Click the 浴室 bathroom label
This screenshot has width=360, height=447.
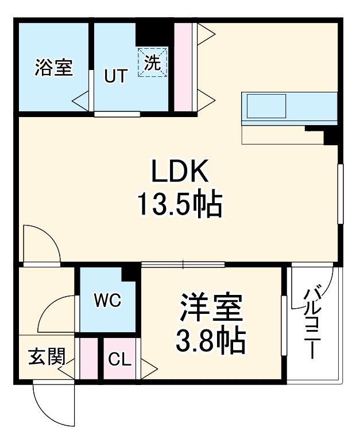click(53, 68)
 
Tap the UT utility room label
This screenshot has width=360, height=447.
click(115, 76)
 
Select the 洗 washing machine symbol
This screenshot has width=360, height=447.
click(153, 62)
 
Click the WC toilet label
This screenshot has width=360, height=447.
click(107, 301)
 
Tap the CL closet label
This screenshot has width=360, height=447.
click(120, 360)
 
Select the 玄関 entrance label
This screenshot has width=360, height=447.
click(46, 357)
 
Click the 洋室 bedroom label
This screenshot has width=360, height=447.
click(211, 310)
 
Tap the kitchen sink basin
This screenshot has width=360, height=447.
click(266, 106)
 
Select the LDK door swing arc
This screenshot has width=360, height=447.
click(46, 238)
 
